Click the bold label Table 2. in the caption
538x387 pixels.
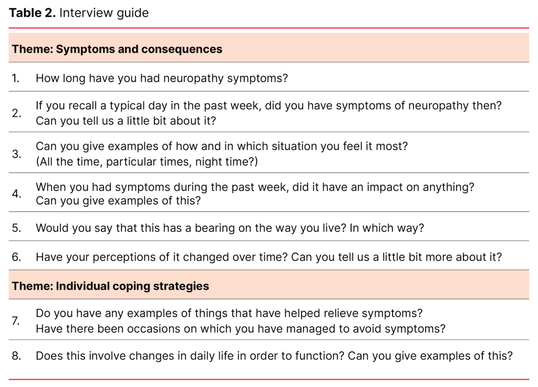point(32,13)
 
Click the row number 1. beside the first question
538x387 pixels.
point(16,78)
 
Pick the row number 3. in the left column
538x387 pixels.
point(16,154)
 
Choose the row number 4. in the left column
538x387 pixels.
point(16,193)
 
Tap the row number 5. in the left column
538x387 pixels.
point(16,228)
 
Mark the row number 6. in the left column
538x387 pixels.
point(16,257)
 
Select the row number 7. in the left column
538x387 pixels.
point(16,321)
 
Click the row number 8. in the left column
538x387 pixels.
point(16,355)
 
